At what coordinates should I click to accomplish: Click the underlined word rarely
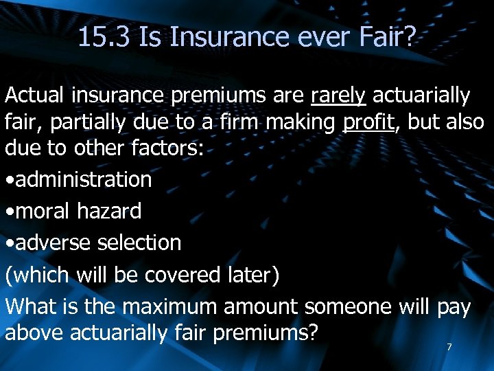(x=338, y=95)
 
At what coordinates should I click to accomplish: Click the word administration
(x=83, y=180)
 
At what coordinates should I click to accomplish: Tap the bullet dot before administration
(x=10, y=181)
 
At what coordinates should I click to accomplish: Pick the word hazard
(x=110, y=211)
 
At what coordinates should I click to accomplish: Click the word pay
(x=454, y=308)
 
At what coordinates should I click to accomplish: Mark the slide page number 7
(x=449, y=347)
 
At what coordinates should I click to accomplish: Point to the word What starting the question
(x=31, y=306)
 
